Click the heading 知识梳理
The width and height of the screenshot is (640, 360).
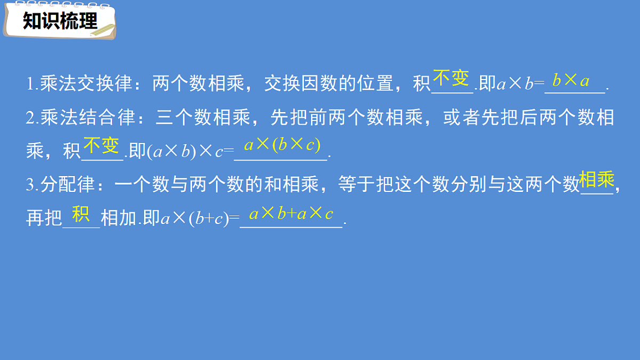[60, 21]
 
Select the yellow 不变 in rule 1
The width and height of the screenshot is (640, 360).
[451, 78]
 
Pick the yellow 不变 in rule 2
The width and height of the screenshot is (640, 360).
[101, 145]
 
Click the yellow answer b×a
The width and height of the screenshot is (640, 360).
[571, 81]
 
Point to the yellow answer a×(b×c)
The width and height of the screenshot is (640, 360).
[282, 145]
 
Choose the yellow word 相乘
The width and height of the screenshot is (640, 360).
[597, 180]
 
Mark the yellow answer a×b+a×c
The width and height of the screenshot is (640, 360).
[291, 214]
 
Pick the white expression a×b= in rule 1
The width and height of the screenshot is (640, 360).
[519, 84]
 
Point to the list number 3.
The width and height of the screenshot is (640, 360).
[30, 185]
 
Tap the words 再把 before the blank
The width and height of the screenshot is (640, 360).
[44, 219]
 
